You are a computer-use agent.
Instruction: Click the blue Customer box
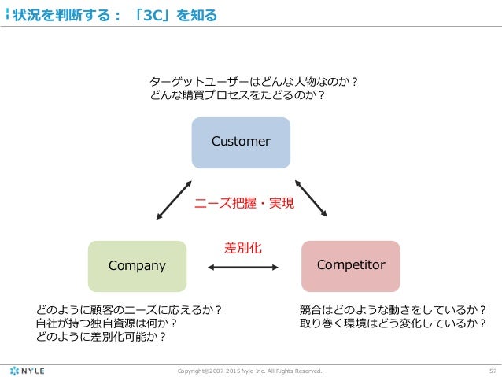tap(241, 142)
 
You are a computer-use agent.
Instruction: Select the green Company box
tap(137, 266)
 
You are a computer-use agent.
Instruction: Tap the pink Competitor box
tap(351, 266)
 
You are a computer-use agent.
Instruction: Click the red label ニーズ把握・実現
tap(244, 204)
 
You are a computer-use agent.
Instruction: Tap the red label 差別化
tap(243, 247)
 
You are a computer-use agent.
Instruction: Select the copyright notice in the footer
tap(251, 369)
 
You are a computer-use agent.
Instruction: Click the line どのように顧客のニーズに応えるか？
tap(129, 309)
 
